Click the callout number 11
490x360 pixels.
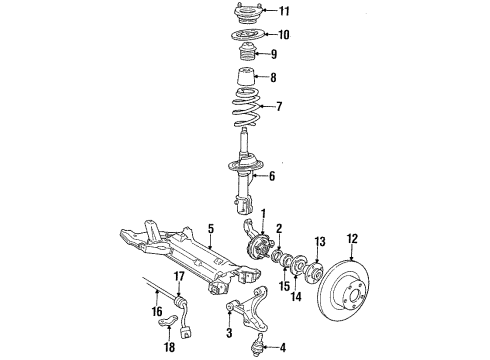283,12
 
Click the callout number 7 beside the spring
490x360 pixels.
279,106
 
